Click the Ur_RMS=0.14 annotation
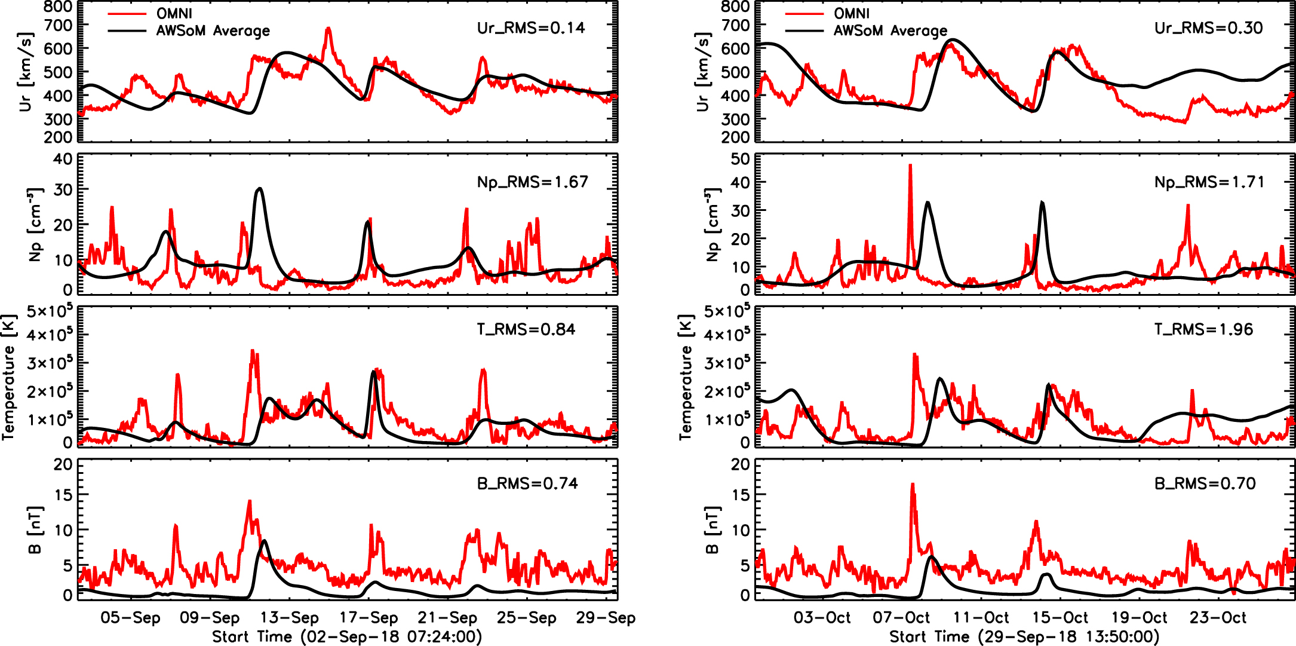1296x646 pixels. point(530,28)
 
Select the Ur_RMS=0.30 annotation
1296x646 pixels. point(1208,28)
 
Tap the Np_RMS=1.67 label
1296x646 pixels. point(532,182)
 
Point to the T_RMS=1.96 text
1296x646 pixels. point(1203,329)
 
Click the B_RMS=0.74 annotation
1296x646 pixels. point(527,483)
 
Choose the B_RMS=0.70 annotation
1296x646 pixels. point(1205,483)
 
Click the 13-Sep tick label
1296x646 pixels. point(290,618)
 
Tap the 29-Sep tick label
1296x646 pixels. point(606,618)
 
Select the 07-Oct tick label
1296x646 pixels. point(901,618)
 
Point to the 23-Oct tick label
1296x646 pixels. point(1218,618)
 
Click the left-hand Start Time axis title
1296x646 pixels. point(347,637)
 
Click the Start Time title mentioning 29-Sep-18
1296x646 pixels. point(1024,637)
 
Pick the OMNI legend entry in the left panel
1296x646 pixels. point(174,13)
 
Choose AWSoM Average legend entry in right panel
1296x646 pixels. point(890,30)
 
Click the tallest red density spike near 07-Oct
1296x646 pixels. point(910,166)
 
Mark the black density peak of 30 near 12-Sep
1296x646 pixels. point(259,189)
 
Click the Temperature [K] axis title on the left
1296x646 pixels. point(8,377)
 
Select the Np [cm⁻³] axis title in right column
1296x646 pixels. point(712,225)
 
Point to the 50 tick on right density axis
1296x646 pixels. point(740,159)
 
